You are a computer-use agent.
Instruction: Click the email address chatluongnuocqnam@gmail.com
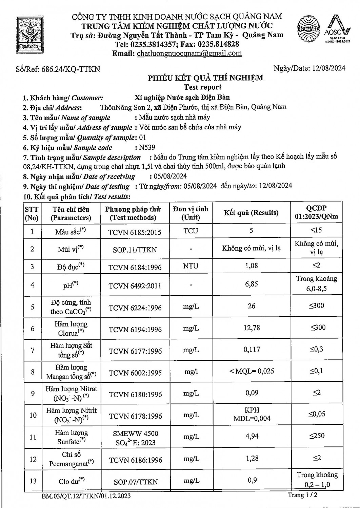[189, 53]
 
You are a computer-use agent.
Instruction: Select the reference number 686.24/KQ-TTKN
[71, 69]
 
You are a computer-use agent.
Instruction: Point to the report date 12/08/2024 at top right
[328, 68]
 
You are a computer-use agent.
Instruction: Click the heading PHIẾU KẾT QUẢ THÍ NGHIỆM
[205, 78]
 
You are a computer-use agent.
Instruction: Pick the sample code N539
[147, 147]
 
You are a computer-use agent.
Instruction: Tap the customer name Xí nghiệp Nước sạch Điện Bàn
[182, 98]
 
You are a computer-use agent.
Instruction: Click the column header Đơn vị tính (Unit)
[191, 213]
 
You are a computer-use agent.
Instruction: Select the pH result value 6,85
[251, 284]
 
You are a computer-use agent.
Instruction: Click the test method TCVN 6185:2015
[135, 232]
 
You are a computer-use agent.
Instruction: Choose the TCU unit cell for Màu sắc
[191, 231]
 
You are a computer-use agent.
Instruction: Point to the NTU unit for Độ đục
[191, 266]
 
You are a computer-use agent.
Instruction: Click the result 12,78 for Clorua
[251, 328]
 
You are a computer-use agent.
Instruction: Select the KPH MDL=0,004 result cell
[252, 414]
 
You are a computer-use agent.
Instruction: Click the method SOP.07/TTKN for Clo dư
[135, 482]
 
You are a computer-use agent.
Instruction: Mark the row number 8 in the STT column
[33, 372]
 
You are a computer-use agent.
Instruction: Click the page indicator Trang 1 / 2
[303, 495]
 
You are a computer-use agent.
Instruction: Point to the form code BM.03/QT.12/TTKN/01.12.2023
[86, 496]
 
